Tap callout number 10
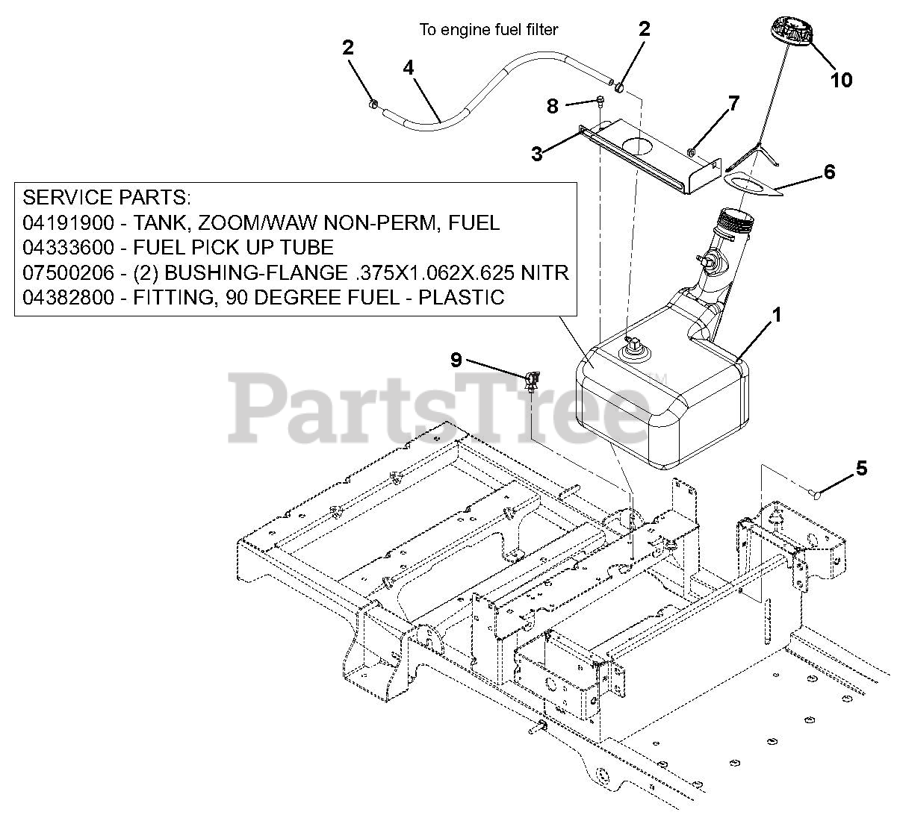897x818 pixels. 841,80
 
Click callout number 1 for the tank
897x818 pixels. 777,316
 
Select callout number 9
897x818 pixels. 456,360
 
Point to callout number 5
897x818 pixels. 861,469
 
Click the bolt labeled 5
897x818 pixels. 816,493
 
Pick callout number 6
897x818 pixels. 829,172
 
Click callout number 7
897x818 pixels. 733,104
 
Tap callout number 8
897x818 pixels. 553,107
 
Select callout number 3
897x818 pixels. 537,154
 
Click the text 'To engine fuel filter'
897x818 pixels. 488,30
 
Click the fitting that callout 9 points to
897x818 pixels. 532,381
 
